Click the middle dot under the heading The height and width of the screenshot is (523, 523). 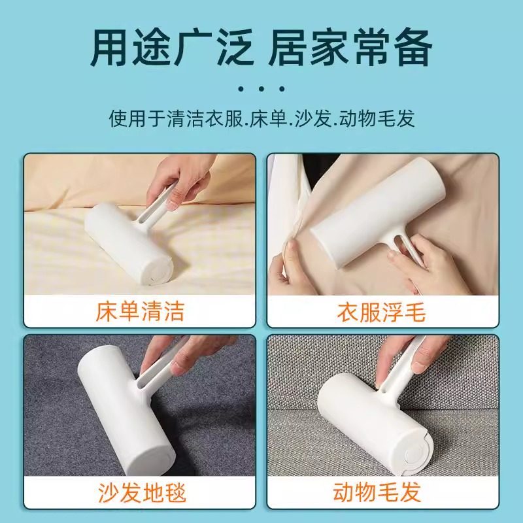(261, 88)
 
